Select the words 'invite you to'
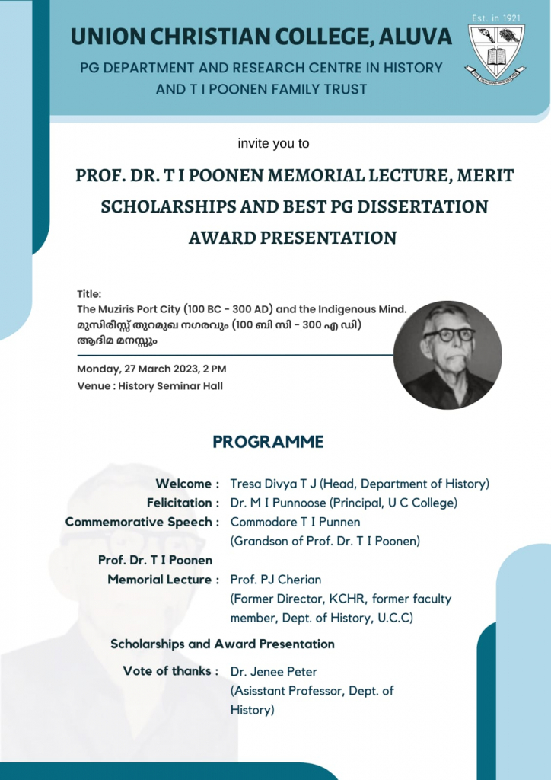coord(274,143)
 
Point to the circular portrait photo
coord(447,355)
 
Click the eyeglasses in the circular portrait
coord(449,334)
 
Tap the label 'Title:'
coord(89,294)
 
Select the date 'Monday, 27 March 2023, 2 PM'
coord(151,369)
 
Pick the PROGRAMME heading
coord(268,443)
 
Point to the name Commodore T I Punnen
coord(295,522)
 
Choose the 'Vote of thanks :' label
coord(171,671)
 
